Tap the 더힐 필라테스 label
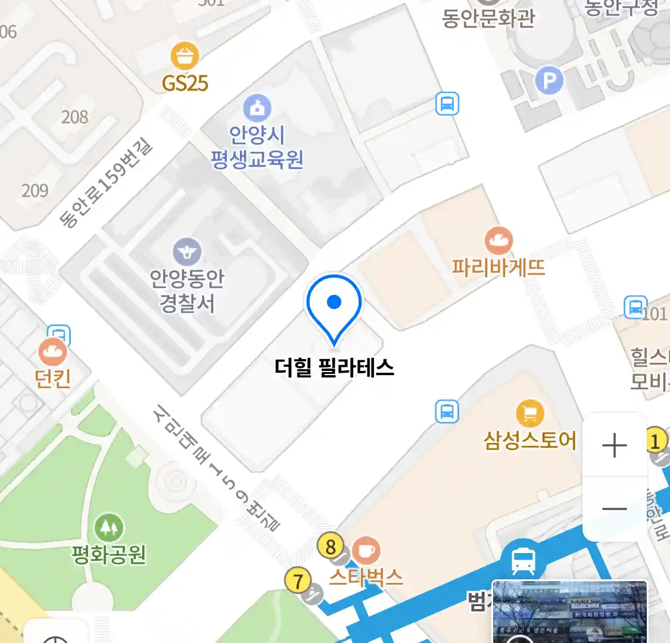coord(334,367)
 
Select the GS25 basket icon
coord(185,57)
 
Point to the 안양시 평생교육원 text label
coord(257,147)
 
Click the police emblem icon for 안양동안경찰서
coord(187,252)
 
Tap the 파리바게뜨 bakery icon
coord(498,241)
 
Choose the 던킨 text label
coord(53,378)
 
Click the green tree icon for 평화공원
coord(108,527)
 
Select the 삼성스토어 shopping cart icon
coord(529,413)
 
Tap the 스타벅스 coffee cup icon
coord(366,550)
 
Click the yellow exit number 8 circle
coord(331,547)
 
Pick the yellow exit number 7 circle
coord(298,580)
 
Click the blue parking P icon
coord(549,80)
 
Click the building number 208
coord(74,117)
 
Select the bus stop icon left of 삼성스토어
coord(447,411)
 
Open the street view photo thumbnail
coord(569,611)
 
